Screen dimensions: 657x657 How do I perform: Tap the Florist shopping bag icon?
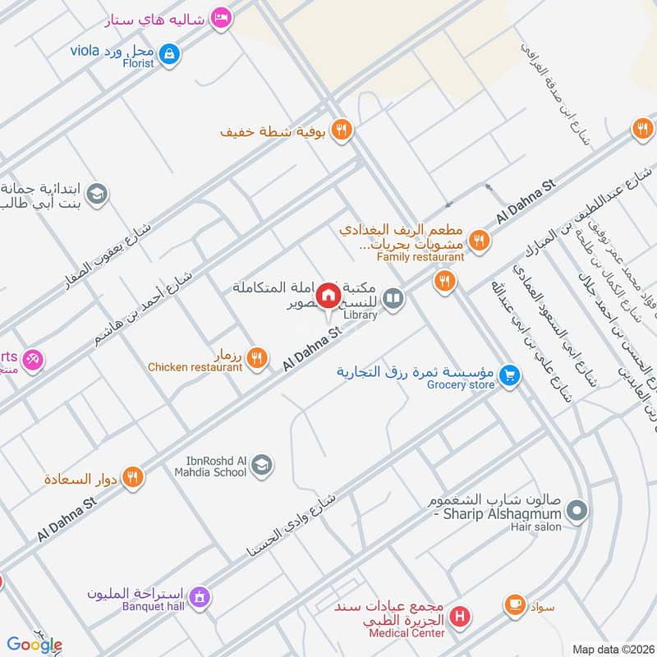pyautogui.click(x=170, y=55)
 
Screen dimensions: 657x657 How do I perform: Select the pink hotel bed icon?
pyautogui.click(x=219, y=17)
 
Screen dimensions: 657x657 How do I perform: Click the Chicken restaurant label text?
pyautogui.click(x=195, y=367)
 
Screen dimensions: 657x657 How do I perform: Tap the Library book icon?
pyautogui.click(x=393, y=298)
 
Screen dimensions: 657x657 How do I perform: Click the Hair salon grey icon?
pyautogui.click(x=577, y=512)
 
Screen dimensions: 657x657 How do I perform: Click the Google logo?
pyautogui.click(x=34, y=645)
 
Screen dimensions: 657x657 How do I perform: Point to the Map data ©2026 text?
pyautogui.click(x=613, y=649)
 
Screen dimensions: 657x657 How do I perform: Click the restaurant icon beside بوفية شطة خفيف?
pyautogui.click(x=342, y=130)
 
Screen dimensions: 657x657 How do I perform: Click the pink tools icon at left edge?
pyautogui.click(x=33, y=359)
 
